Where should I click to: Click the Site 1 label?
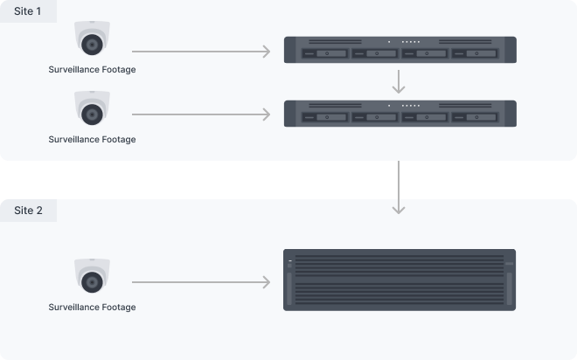pyautogui.click(x=28, y=12)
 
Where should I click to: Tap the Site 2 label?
pyautogui.click(x=28, y=211)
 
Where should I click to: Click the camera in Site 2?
pyautogui.click(x=92, y=276)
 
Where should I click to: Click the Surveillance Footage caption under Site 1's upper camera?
pyautogui.click(x=92, y=69)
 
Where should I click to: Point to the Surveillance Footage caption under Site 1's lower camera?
pyautogui.click(x=92, y=139)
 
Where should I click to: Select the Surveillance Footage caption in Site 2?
pyautogui.click(x=92, y=307)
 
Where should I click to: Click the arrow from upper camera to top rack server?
pyautogui.click(x=201, y=52)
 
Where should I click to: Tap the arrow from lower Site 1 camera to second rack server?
pyautogui.click(x=201, y=114)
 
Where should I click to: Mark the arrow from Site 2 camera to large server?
pyautogui.click(x=201, y=282)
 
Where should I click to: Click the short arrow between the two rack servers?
pyautogui.click(x=400, y=81)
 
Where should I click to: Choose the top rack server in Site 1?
pyautogui.click(x=400, y=48)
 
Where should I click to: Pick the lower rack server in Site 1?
pyautogui.click(x=400, y=113)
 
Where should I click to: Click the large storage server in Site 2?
pyautogui.click(x=400, y=280)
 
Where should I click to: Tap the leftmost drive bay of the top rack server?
pyautogui.click(x=323, y=54)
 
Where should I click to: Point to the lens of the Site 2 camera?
pyautogui.click(x=92, y=280)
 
